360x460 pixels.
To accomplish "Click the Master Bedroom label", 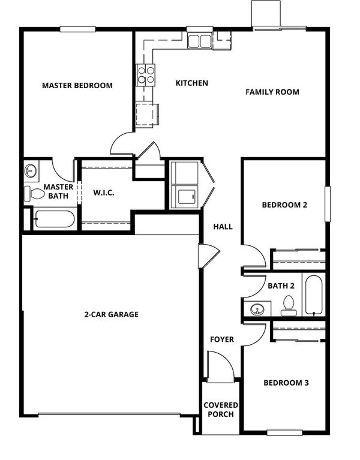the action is point(77,85).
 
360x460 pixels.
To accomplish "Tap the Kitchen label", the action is point(192,83).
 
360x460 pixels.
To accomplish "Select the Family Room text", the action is point(272,92).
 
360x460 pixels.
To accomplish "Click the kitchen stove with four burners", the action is point(146,75).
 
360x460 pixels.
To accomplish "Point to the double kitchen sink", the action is point(200,40).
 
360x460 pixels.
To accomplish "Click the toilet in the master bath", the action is point(34,194).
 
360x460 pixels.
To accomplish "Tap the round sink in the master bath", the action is point(31,170).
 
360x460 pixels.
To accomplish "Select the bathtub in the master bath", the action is point(55,219).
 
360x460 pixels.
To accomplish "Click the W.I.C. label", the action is point(104,193).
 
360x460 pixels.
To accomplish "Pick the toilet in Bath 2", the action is point(289,305).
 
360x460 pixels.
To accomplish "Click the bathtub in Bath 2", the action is point(314,294).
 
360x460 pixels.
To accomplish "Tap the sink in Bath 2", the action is point(257,309).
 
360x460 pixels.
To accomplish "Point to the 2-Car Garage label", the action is point(111,314).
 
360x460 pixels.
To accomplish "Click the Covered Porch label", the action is point(221,410).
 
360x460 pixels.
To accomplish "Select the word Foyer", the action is point(222,339).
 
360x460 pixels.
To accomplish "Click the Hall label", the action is point(223,227).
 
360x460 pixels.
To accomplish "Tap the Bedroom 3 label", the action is point(286,383).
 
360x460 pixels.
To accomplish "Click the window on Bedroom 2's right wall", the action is point(328,203).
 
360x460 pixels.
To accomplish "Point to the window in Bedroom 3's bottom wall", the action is point(284,433).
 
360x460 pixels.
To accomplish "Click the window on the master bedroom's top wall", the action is point(78,29).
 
